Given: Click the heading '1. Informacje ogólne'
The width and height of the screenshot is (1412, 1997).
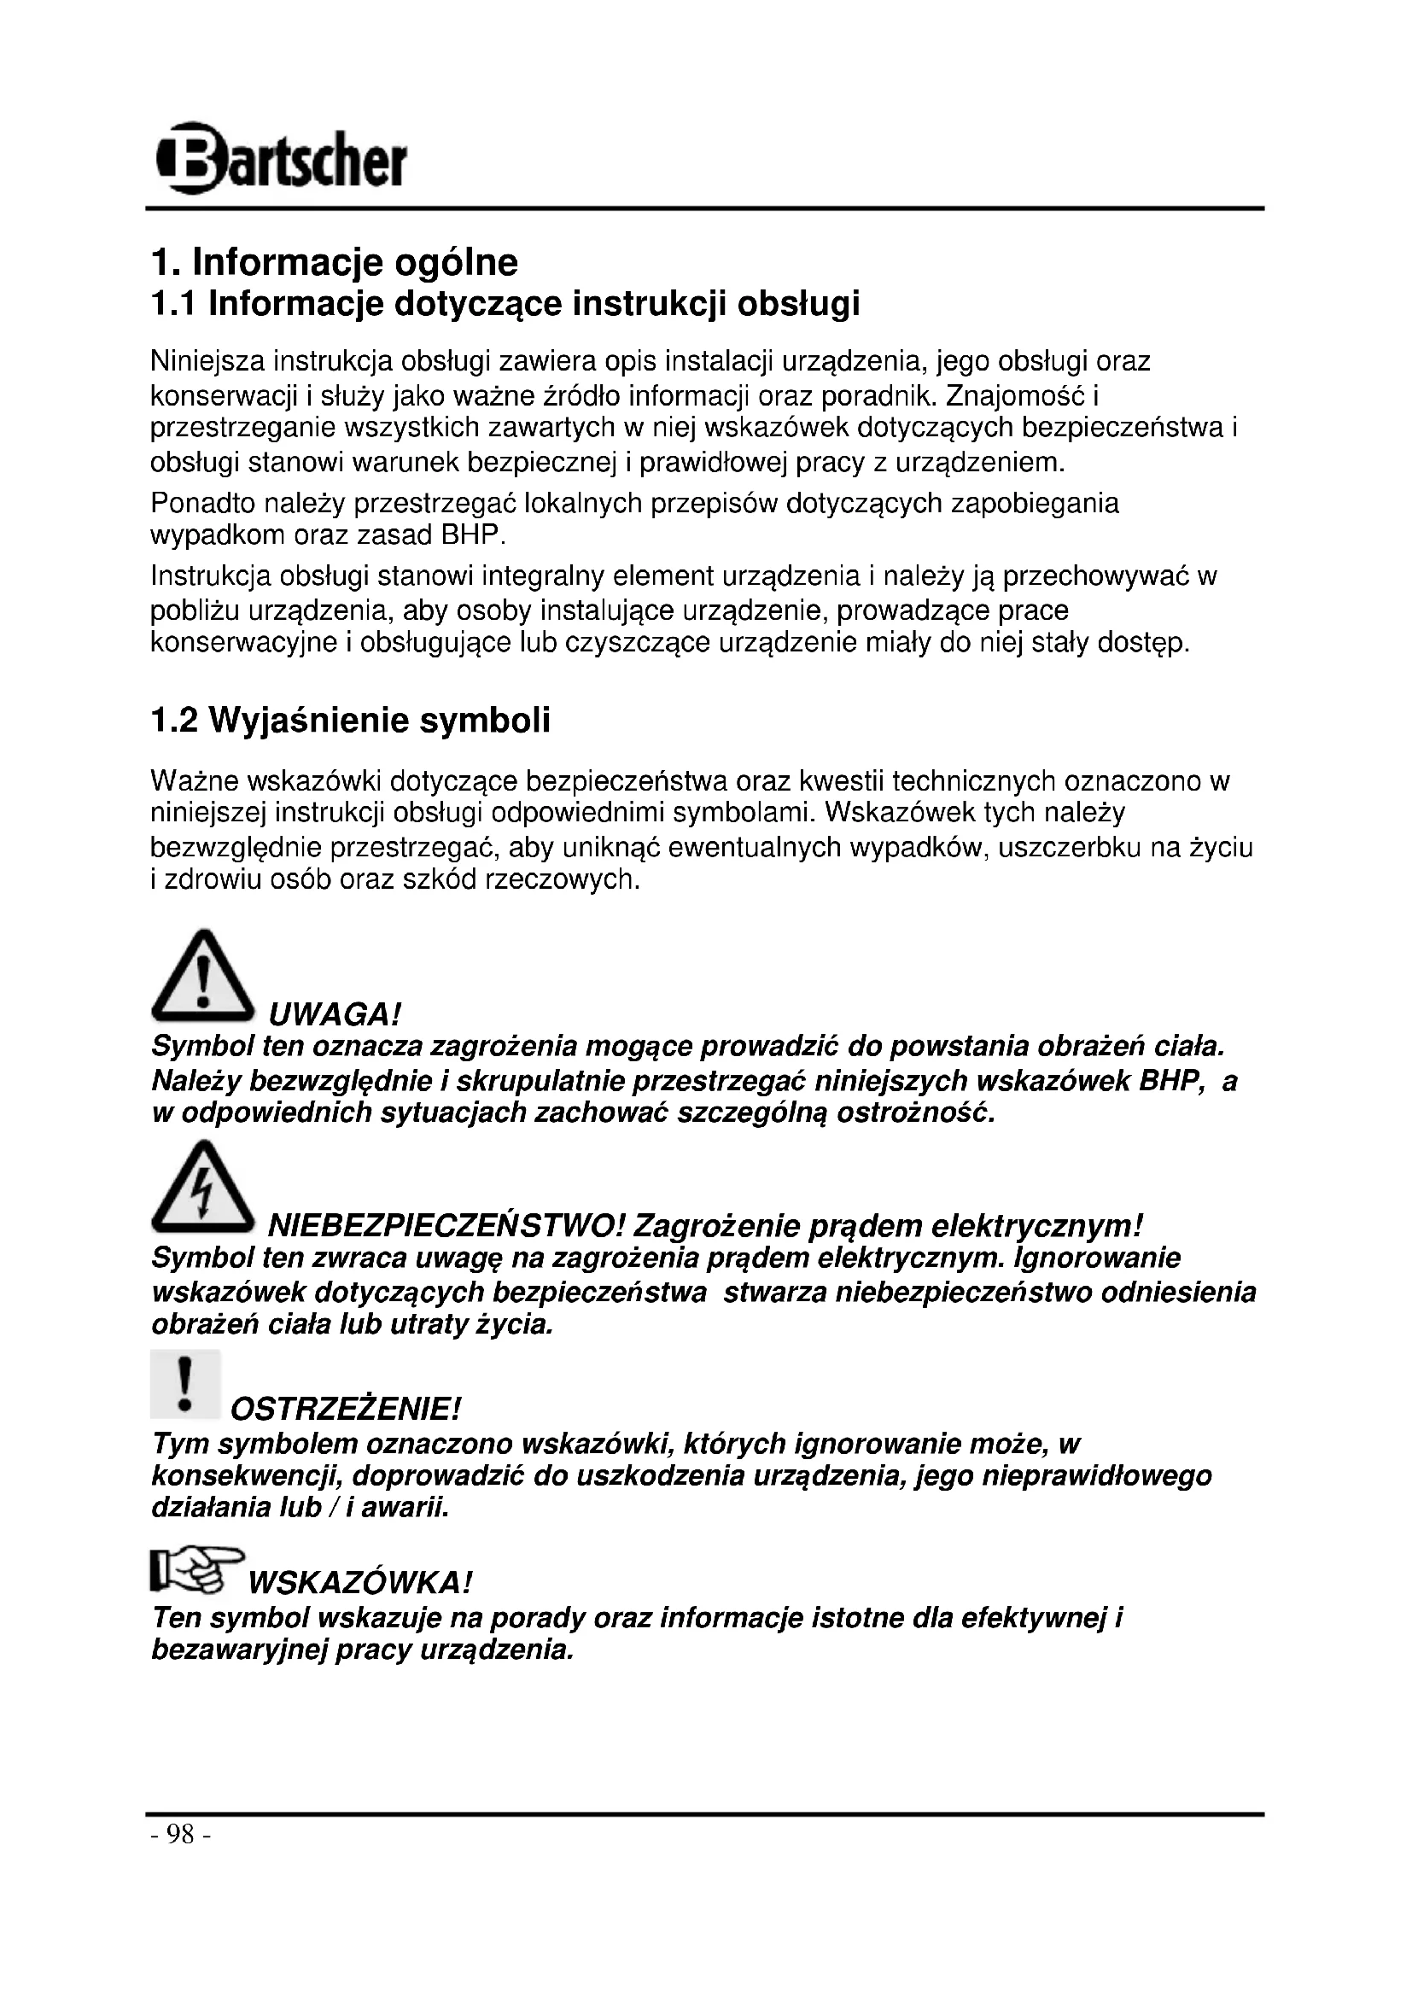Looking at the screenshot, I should point(334,262).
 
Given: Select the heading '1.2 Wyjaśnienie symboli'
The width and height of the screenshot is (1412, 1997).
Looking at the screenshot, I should point(350,721).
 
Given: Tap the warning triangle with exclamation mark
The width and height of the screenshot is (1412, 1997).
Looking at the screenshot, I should point(202,977).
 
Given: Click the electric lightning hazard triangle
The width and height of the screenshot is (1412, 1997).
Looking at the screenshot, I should point(202,1188).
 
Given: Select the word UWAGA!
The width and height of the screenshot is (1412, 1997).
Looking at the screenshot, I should point(335,1014).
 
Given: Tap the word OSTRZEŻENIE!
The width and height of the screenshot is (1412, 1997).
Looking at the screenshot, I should point(345,1408).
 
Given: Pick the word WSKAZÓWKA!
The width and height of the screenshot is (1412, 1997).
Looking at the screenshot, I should point(360,1582).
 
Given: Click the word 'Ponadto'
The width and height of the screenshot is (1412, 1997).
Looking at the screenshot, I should point(205,504).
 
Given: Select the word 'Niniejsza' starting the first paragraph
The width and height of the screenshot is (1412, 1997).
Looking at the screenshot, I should point(207,361).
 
